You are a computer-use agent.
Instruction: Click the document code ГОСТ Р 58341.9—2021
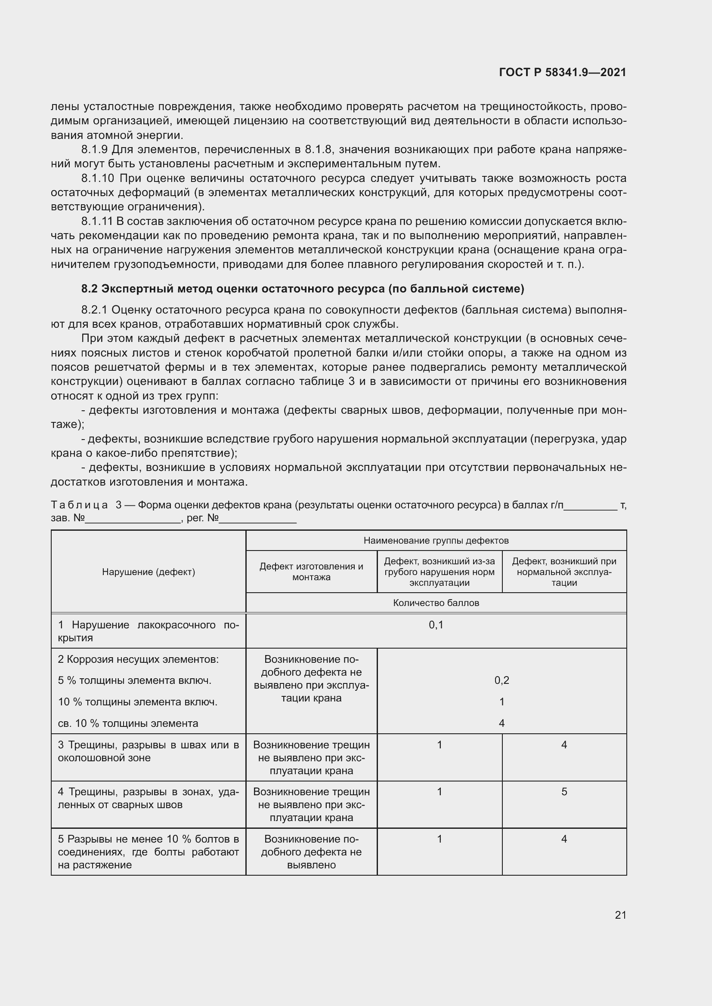(563, 72)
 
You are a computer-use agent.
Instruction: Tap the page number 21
(620, 915)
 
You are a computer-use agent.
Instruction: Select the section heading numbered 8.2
(303, 289)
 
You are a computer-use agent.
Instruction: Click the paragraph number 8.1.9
(94, 150)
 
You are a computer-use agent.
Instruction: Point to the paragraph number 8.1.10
(97, 178)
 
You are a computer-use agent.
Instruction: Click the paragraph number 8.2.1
(94, 310)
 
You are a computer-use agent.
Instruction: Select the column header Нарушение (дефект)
(148, 572)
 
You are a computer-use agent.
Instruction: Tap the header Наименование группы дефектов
(436, 541)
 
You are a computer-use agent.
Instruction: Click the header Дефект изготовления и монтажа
(311, 572)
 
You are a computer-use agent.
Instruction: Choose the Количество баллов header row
(436, 603)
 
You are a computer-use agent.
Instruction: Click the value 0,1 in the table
(436, 625)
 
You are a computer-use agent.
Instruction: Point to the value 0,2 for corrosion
(501, 680)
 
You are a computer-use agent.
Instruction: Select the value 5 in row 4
(564, 792)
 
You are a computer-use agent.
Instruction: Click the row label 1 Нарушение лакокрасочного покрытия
(148, 631)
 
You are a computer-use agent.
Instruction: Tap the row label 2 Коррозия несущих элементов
(138, 659)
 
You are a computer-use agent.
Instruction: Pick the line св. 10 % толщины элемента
(128, 723)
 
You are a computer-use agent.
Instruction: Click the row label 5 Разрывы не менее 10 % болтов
(148, 852)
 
